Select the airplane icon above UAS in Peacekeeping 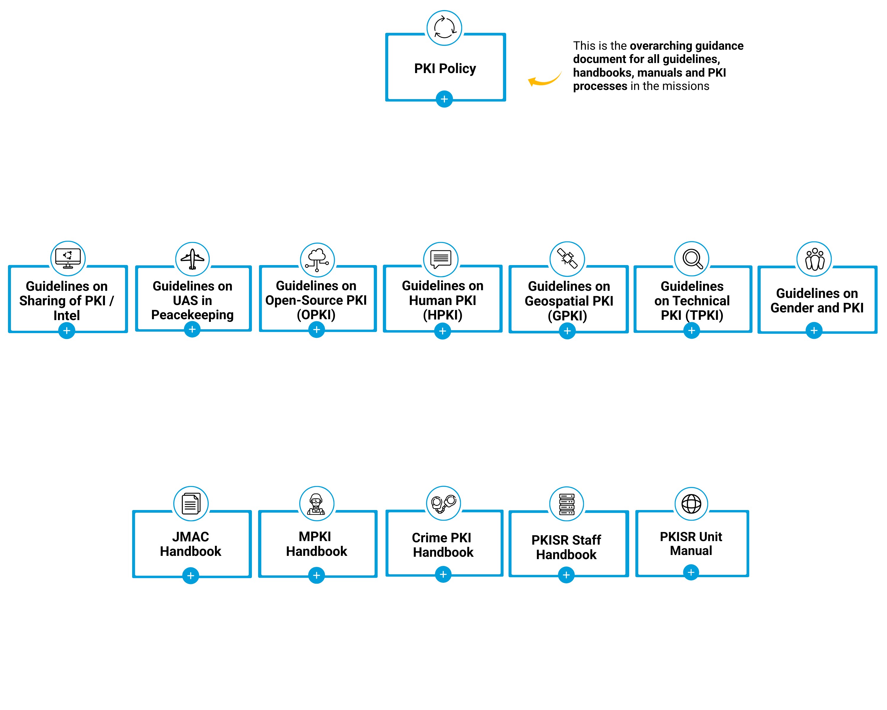192,259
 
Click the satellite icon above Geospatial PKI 567,259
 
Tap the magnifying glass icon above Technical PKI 692,259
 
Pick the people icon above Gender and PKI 814,259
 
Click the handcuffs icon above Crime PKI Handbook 443,503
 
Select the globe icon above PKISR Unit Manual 691,504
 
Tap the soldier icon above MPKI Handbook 316,504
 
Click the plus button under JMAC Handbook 190,575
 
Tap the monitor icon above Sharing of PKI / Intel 68,258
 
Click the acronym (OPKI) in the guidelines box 316,315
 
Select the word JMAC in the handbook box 190,537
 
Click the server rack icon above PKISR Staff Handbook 566,504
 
